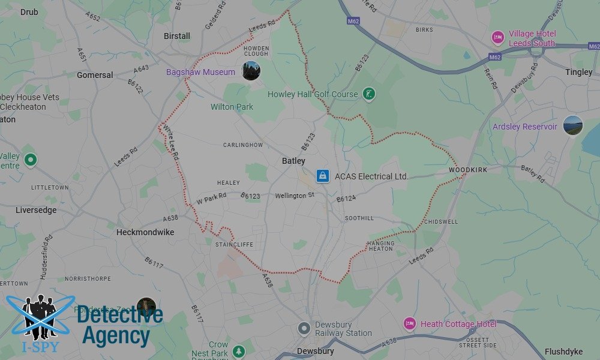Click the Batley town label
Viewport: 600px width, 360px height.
point(293,161)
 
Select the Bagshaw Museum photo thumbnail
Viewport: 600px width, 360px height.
point(251,71)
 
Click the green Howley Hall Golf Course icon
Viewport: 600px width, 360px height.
point(370,94)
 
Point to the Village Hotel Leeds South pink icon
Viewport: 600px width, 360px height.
point(497,38)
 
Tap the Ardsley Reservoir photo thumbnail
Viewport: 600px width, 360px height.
point(573,125)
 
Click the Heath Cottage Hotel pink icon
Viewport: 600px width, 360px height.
point(409,324)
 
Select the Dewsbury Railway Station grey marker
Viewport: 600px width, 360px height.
point(305,328)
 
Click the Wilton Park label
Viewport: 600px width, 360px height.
point(232,107)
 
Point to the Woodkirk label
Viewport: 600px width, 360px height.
point(468,170)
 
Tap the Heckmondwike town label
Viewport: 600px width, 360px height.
point(145,232)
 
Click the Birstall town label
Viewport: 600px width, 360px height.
point(177,36)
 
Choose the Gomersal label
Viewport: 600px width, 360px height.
point(95,75)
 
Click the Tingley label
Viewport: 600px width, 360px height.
point(578,72)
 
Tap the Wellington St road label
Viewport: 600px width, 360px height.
point(295,196)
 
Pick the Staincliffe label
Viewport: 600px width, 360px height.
point(234,244)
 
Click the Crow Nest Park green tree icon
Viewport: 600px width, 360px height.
point(239,350)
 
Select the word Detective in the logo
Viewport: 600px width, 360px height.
point(120,316)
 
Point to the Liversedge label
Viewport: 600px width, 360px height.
point(36,210)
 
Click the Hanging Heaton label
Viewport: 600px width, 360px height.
point(381,245)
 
